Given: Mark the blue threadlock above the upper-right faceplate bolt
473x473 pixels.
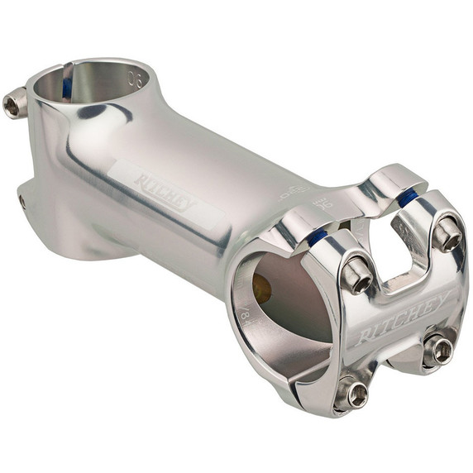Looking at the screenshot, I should [x=406, y=198].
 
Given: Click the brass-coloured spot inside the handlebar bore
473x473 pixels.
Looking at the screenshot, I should [x=261, y=289].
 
